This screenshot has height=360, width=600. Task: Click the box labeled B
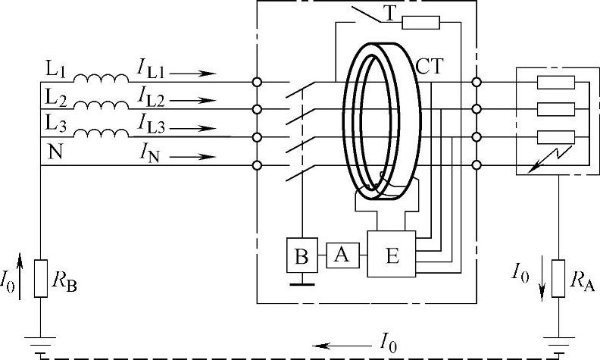[x=301, y=256]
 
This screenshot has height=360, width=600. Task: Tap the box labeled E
[x=392, y=256]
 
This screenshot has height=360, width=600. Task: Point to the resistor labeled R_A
[x=558, y=279]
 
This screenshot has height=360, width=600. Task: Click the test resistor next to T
[x=420, y=22]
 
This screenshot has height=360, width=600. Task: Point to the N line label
[x=54, y=152]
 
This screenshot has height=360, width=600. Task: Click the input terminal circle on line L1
[x=258, y=81]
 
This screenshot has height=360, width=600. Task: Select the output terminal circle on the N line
[x=476, y=165]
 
